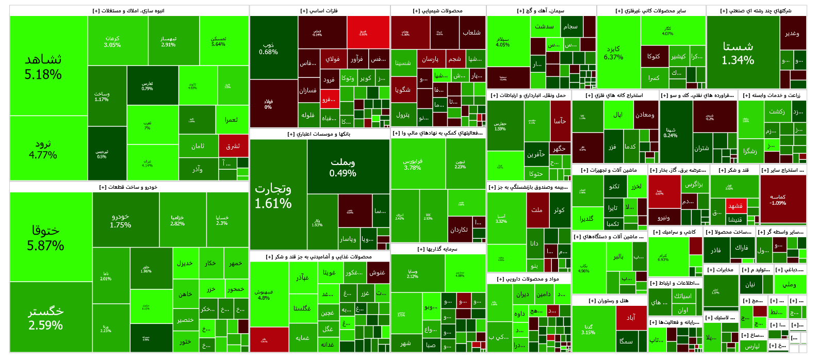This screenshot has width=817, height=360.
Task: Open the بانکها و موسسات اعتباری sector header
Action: coord(319,134)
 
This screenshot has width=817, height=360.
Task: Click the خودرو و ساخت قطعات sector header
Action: coord(129,187)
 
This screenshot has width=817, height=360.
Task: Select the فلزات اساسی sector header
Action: coord(319,11)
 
